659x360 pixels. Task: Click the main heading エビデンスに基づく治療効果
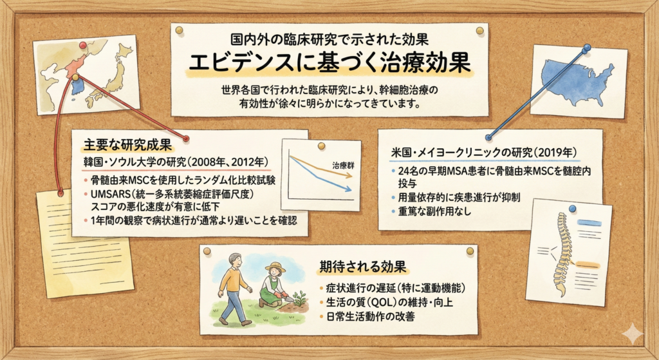click(x=329, y=62)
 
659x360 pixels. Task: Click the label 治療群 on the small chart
click(x=343, y=165)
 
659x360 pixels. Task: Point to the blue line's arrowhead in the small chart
click(x=349, y=189)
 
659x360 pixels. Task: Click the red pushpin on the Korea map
click(x=82, y=45)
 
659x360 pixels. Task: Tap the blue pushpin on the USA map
click(x=586, y=48)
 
